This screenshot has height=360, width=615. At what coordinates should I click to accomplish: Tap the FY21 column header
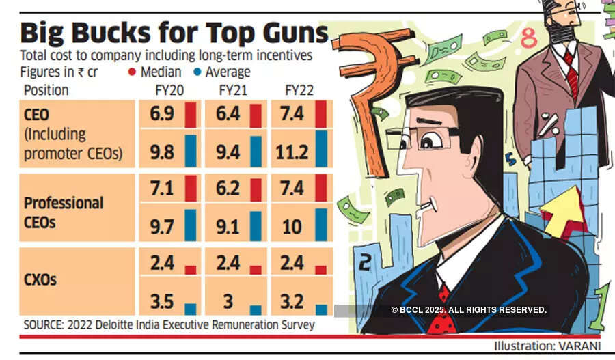[234, 89]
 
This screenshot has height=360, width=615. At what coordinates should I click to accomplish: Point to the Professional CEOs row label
[63, 211]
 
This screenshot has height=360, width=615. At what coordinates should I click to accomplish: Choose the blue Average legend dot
[195, 72]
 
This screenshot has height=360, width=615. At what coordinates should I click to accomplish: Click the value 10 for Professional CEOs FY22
[292, 226]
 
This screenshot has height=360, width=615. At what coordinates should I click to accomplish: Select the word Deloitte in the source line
[113, 324]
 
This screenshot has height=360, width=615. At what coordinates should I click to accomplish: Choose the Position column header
[46, 89]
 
